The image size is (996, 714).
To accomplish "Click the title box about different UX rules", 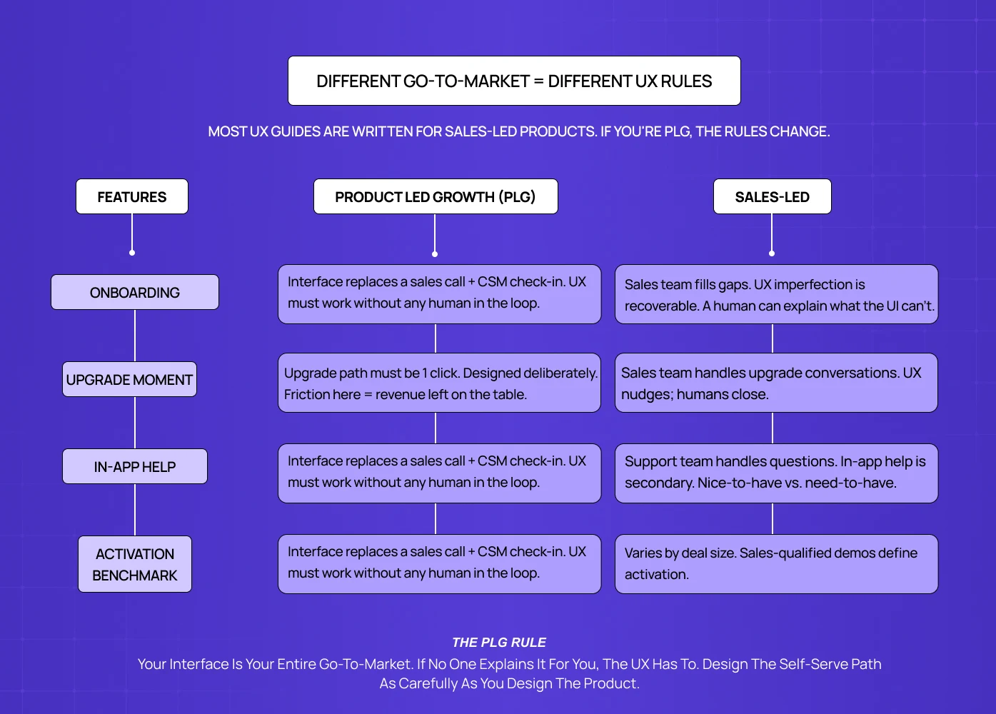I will point(514,81).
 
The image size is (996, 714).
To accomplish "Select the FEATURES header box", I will point(132,196).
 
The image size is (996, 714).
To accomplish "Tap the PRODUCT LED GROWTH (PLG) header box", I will point(436,196).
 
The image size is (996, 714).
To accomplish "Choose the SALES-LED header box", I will point(772,196).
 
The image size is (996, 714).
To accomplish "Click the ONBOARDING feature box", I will point(135,292).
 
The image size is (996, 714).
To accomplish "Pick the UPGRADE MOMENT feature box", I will point(129,379).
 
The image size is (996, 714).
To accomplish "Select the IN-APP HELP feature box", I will point(135,466).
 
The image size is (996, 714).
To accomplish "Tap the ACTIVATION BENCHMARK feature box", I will point(135,564).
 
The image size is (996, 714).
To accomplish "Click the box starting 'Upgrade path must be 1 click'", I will point(439,383).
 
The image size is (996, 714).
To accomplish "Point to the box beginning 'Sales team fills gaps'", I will point(776,294).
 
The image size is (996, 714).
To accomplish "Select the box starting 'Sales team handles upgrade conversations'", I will point(776,383).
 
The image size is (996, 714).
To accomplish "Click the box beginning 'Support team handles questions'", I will point(776,473).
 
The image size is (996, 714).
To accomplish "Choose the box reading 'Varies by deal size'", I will point(776,563).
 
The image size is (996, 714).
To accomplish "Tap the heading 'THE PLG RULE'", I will point(499,643).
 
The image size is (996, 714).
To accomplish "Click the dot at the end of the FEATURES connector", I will point(132,253).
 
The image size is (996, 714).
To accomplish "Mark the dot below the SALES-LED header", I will point(772,253).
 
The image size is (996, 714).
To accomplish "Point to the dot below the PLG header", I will point(435,254).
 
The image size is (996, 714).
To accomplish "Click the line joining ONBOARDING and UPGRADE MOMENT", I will point(135,336).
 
